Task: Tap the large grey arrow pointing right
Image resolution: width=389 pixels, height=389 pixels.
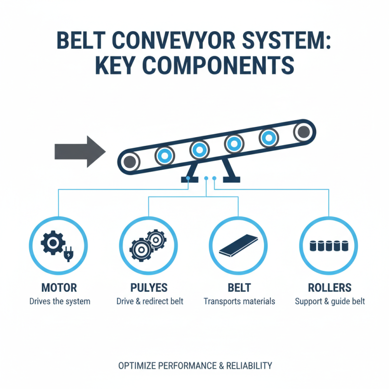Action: [x=80, y=152]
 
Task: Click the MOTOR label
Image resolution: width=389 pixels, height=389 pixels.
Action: [x=59, y=288]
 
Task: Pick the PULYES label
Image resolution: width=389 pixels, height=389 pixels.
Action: [x=149, y=288]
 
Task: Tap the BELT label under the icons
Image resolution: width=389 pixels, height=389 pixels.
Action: [x=239, y=288]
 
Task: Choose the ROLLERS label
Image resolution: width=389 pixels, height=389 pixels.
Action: [x=330, y=288]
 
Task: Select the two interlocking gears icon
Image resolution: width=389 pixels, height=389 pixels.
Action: [x=148, y=245]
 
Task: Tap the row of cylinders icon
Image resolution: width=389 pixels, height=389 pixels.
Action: [x=330, y=245]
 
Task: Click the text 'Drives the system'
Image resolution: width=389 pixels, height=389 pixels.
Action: [x=59, y=301]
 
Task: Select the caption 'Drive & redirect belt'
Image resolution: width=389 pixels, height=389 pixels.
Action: [x=150, y=301]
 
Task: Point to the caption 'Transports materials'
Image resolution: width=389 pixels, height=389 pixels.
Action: [x=239, y=301]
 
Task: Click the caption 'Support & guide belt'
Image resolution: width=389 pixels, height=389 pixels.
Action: [x=330, y=301]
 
